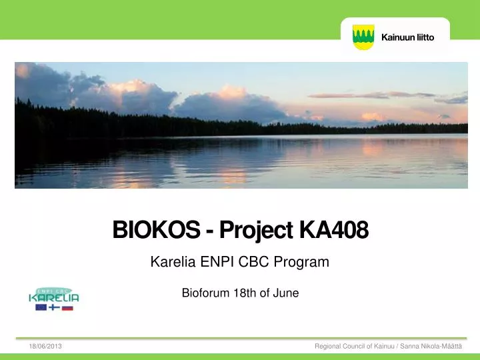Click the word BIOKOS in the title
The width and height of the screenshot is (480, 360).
(157, 229)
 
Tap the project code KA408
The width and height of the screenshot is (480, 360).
(334, 229)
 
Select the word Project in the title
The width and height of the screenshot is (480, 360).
(256, 231)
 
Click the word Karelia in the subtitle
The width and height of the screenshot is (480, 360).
(173, 262)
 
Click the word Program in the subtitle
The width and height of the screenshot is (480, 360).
(301, 263)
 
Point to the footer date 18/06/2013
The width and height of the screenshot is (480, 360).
(45, 346)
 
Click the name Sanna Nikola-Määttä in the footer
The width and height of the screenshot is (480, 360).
(431, 346)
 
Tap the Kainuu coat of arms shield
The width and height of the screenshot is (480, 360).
(363, 37)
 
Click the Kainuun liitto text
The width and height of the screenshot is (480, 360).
(408, 37)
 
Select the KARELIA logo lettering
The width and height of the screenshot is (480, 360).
(54, 298)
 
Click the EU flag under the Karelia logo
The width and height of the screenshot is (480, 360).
(41, 307)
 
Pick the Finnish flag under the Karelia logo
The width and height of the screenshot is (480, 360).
(54, 307)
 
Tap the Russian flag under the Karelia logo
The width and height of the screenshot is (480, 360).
(67, 307)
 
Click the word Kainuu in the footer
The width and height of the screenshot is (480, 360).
(384, 346)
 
